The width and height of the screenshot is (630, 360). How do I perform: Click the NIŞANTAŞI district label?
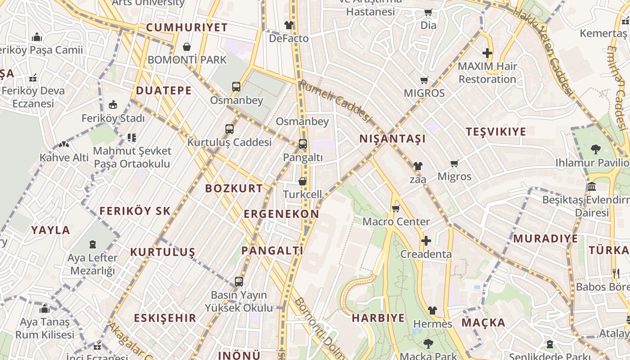[392, 139]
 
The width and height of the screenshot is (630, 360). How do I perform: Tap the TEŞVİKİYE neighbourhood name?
[496, 132]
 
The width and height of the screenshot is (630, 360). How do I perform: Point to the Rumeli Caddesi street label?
[336, 101]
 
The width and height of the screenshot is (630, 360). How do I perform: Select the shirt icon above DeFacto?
[289, 25]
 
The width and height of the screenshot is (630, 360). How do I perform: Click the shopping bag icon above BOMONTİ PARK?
[187, 47]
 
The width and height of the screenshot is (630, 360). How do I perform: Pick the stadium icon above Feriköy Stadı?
[113, 105]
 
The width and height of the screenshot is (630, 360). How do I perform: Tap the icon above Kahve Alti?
[64, 145]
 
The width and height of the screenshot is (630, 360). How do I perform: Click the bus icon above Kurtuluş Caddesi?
[229, 129]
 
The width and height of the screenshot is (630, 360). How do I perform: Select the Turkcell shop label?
[302, 194]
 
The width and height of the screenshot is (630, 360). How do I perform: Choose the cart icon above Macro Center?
[396, 208]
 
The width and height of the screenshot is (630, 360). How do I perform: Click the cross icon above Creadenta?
[426, 241]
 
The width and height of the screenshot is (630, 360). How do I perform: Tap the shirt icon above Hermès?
[432, 310]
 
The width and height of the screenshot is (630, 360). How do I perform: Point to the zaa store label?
[418, 179]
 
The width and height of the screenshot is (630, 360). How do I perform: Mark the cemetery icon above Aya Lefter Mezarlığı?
[93, 244]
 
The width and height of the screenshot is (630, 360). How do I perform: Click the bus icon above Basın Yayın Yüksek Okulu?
[239, 282]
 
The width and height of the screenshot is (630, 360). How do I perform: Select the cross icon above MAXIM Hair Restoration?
[487, 53]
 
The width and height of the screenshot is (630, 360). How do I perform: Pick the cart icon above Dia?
[428, 13]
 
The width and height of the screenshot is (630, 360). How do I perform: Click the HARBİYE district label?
[378, 318]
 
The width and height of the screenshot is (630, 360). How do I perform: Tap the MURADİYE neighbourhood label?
[545, 238]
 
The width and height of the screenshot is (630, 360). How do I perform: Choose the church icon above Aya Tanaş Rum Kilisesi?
[45, 309]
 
